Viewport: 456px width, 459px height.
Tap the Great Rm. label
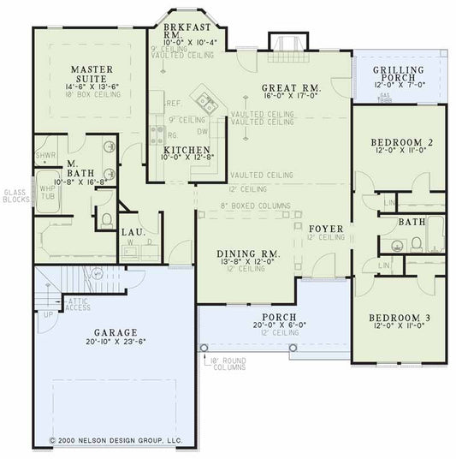pos(291,86)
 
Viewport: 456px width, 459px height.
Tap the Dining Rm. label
pos(248,253)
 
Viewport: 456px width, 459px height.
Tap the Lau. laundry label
pos(132,231)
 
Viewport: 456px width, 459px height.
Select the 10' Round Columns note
pos(226,364)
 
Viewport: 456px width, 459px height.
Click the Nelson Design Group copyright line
pos(115,440)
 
